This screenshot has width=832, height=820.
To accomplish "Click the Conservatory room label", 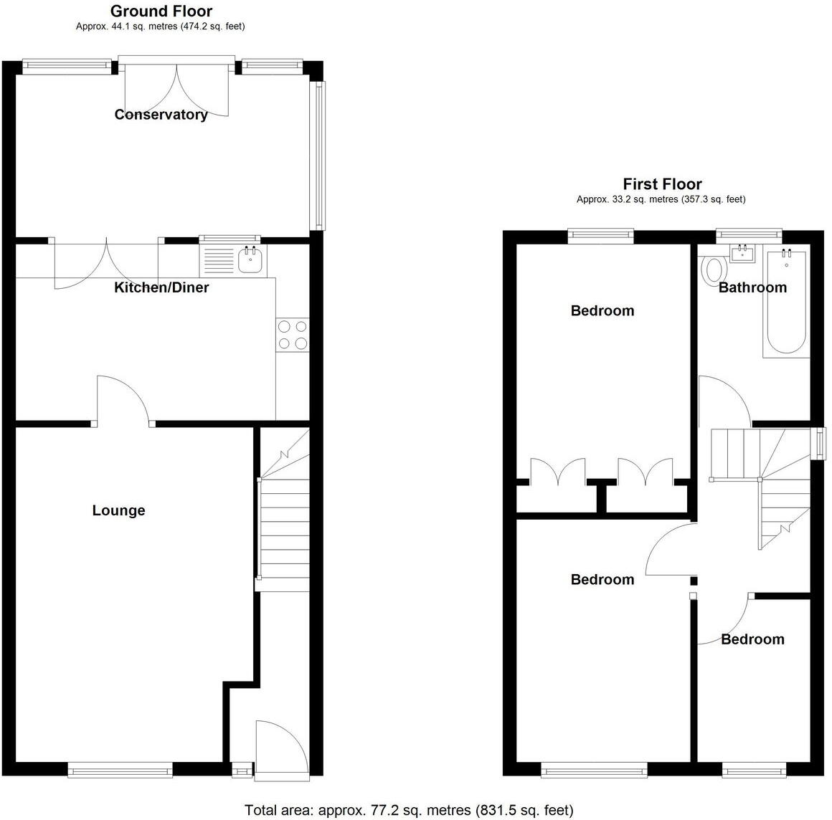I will [161, 115].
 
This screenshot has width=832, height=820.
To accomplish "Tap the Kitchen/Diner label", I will [161, 287].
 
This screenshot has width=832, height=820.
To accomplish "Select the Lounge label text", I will [118, 510].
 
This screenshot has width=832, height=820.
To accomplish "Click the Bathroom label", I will [752, 287].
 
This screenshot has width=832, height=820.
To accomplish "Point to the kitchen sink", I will [250, 259].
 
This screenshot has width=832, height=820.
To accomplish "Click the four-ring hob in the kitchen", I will [292, 335].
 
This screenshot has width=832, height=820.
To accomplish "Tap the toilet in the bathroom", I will [714, 270].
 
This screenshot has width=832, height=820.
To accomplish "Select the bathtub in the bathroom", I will [786, 301].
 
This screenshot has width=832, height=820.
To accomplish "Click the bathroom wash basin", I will [742, 253].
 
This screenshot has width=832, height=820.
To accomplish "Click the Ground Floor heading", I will [161, 11].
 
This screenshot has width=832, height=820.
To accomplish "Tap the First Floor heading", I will [662, 184].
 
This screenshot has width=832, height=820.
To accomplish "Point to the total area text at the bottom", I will [409, 811].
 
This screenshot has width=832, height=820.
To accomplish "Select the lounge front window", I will [120, 771].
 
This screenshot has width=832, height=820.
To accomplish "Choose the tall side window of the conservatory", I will [318, 155].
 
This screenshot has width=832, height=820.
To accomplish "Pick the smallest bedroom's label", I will [752, 639].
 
